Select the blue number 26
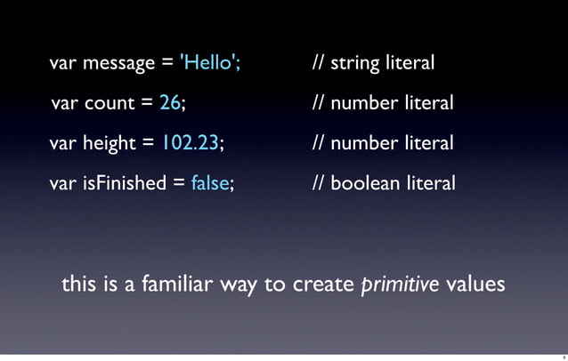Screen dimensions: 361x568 [x=170, y=103]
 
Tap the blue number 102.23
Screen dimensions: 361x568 [x=192, y=143]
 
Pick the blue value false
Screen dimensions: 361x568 [x=210, y=183]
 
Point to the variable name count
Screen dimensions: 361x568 [x=109, y=103]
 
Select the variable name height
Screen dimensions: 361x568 [x=111, y=143]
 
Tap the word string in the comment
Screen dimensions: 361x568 [x=353, y=64]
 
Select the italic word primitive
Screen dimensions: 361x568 [x=400, y=285]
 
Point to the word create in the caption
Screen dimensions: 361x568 [x=320, y=285]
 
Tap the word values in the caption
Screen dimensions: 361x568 [x=475, y=285]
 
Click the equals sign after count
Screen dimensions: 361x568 [x=147, y=104]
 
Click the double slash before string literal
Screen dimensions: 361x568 [x=318, y=63]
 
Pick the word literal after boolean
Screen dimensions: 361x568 [x=430, y=183]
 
